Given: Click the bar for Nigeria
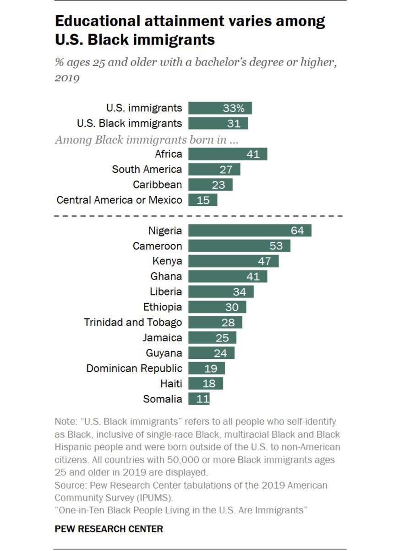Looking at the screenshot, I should (250, 231).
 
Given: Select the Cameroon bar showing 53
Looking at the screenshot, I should (239, 246).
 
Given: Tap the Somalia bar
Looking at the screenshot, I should (199, 399).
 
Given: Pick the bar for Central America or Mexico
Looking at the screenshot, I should (202, 200).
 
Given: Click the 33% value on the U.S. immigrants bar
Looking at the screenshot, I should (234, 108).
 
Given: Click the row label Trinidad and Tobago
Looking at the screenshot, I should (133, 322).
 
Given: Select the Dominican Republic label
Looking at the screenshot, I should (134, 368).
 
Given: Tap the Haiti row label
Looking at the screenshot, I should (171, 384).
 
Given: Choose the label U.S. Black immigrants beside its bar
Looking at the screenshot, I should (130, 123).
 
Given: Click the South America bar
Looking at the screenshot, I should (214, 170).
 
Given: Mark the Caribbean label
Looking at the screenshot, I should (157, 185).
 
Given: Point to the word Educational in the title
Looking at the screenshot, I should (100, 21).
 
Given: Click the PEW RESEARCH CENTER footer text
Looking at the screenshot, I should (109, 529).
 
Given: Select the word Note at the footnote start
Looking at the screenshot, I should (64, 421).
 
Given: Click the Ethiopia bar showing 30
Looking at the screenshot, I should (217, 307).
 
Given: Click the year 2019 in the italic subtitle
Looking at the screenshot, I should (67, 78).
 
